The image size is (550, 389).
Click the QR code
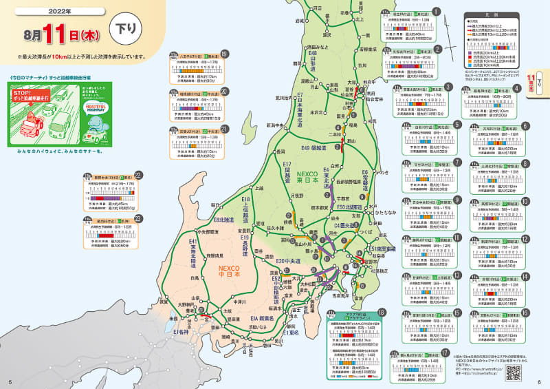(513, 372)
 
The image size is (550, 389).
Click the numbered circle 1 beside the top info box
(435, 12)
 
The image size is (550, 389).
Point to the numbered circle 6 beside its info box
(525, 126)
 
